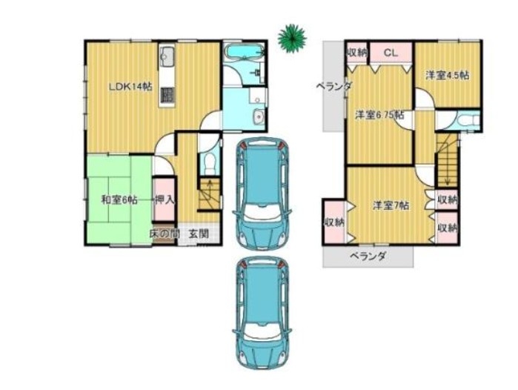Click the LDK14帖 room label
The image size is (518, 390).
coord(131,87)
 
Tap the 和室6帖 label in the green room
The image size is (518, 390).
coord(119,200)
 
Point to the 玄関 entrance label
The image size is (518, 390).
coord(199,234)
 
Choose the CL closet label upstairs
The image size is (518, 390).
coord(391,53)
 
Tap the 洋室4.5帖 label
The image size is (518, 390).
coord(448,76)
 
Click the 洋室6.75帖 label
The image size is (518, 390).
coord(379,116)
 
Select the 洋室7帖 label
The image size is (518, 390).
coord(391,205)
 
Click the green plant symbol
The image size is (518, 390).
coord(292,38)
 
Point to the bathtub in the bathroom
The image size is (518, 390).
coord(245,53)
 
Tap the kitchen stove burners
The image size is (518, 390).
coord(167,95)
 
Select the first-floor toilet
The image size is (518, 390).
coord(209,163)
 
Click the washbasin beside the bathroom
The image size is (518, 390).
coord(258,116)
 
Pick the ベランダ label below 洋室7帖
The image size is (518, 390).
coord(368,257)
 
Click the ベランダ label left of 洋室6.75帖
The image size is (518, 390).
coord(334,87)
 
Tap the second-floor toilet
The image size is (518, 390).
coord(468,120)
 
